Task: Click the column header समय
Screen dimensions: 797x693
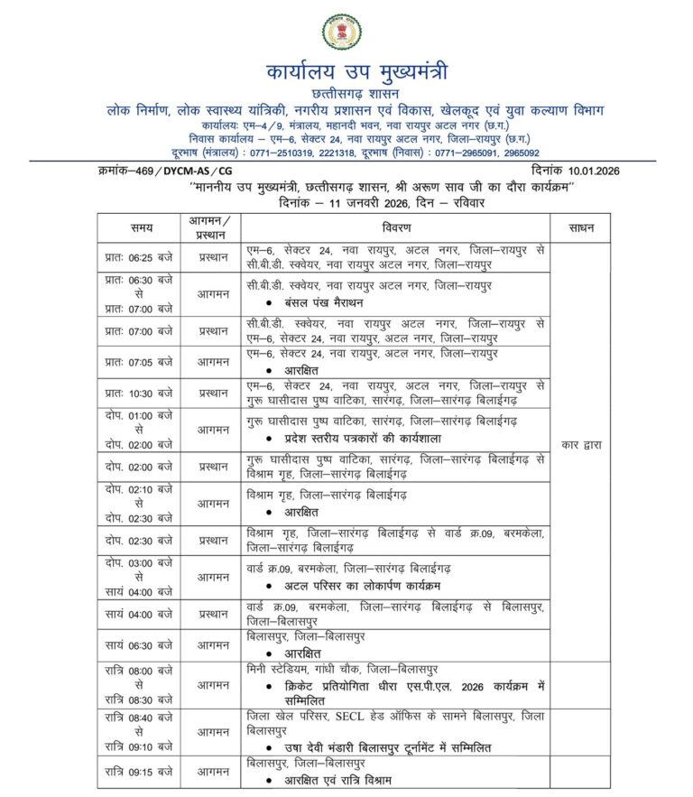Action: pos(141,229)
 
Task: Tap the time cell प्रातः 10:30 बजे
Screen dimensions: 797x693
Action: pos(139,391)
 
